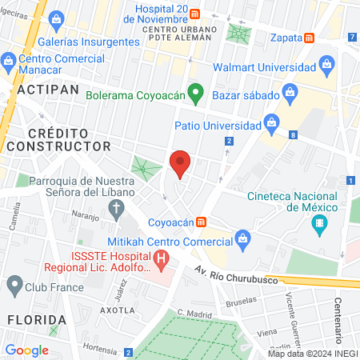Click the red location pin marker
pyautogui.click(x=181, y=164)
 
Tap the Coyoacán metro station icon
pyautogui.click(x=203, y=222)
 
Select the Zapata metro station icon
pyautogui.click(x=310, y=38)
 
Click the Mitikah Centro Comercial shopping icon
pyautogui.click(x=243, y=238)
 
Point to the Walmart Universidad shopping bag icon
pyautogui.click(x=326, y=63)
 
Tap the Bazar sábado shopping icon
pyautogui.click(x=290, y=94)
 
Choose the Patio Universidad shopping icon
pyautogui.click(x=272, y=124)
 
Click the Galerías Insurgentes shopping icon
pyautogui.click(x=57, y=18)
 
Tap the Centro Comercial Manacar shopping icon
pyautogui.click(x=9, y=60)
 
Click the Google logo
pyautogui.click(x=26, y=350)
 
